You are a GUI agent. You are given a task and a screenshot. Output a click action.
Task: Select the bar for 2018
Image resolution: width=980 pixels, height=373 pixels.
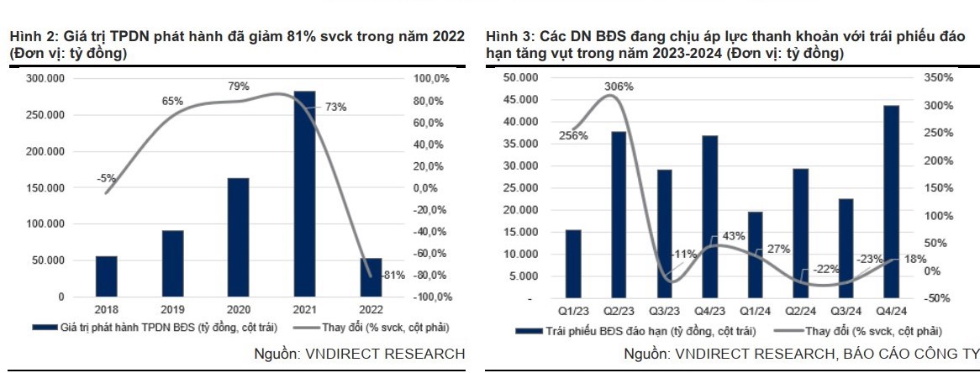pos(106,276)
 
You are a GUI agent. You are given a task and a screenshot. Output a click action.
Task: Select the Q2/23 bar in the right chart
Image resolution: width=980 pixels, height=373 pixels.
pos(618,215)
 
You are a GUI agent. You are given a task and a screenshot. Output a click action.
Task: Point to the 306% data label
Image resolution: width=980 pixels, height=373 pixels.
pos(617,87)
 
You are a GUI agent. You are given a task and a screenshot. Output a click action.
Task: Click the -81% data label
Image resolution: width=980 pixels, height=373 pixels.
pos(393,275)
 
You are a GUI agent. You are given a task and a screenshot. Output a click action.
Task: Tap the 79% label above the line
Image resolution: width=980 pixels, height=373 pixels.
pos(238,86)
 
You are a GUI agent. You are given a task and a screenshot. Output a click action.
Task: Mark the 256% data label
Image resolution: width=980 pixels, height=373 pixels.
pos(574,136)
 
